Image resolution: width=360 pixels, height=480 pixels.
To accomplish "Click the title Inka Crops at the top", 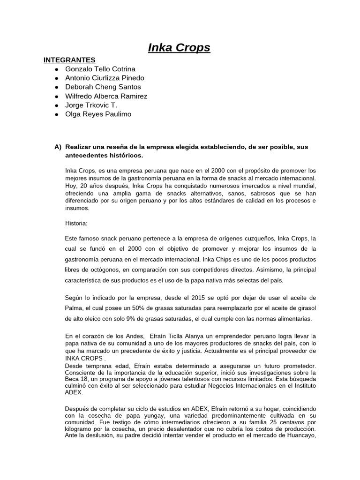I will click(x=179, y=47).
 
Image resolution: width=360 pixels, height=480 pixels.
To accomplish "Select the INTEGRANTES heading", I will click(x=69, y=60).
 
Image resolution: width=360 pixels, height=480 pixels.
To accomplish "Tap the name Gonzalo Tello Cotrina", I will click(x=100, y=69).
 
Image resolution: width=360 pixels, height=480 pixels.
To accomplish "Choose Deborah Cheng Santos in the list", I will click(x=103, y=87).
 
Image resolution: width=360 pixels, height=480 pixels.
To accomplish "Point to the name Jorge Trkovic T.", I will click(x=91, y=105).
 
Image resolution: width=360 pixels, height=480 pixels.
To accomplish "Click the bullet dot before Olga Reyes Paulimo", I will click(x=56, y=114).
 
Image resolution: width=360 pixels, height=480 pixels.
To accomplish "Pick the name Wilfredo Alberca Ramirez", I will click(x=106, y=96).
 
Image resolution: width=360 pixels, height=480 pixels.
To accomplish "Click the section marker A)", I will click(x=58, y=147).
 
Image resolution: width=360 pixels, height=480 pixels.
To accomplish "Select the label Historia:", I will click(x=76, y=224).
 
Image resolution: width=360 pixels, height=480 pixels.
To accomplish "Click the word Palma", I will click(x=75, y=308).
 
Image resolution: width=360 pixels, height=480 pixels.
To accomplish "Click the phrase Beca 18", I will click(x=76, y=379).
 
